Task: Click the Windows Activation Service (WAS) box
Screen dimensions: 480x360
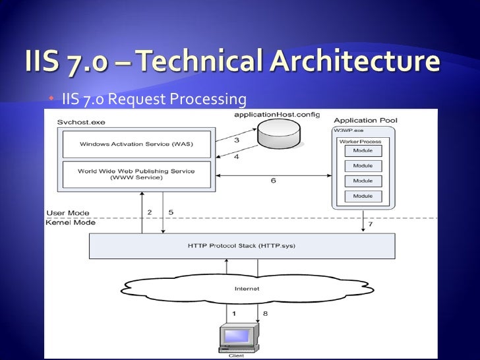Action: pos(136,144)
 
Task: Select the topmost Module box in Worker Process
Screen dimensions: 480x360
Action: pos(363,151)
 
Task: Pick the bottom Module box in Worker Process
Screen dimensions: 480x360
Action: pos(363,196)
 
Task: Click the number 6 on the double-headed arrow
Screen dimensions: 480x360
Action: pos(273,181)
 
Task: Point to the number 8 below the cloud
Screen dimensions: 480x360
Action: pos(265,315)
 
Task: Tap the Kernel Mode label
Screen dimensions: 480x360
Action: pos(70,223)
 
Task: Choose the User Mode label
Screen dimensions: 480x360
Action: pos(68,213)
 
